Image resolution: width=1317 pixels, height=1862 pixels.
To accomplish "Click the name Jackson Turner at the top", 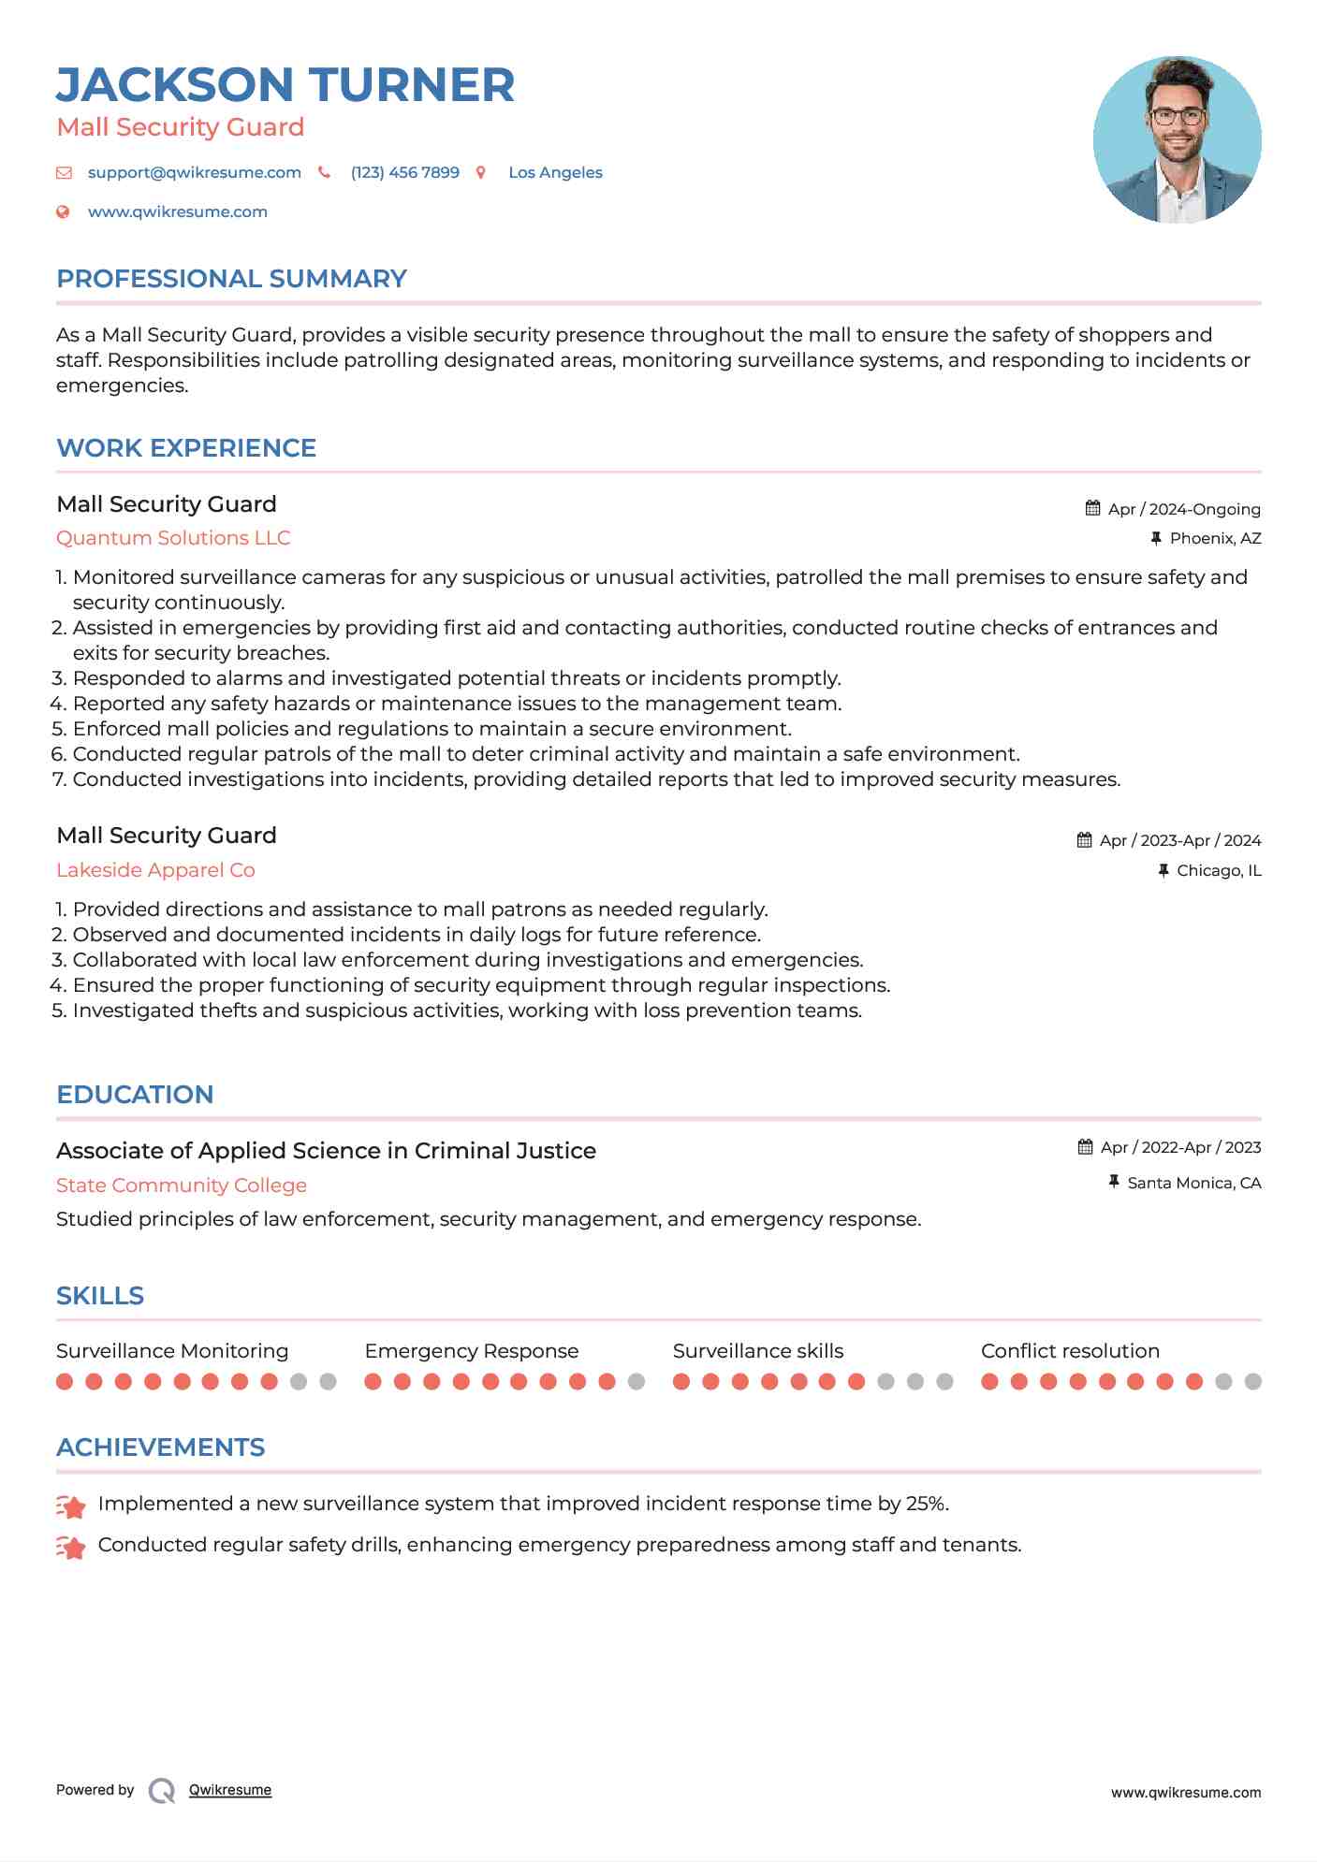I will coord(285,85).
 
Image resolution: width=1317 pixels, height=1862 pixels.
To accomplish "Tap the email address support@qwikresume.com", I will coord(194,172).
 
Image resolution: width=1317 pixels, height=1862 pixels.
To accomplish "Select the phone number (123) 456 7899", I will coord(404,172).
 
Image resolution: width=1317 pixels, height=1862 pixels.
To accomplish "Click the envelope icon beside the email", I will coord(64,172).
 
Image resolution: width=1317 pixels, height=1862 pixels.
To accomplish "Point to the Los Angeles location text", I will coord(555,172).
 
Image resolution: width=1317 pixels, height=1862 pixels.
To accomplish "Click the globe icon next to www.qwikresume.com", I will coord(63,211).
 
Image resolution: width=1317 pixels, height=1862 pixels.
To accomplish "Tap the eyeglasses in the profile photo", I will coord(1177,117).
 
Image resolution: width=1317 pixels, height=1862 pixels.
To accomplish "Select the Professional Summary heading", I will coord(231,279).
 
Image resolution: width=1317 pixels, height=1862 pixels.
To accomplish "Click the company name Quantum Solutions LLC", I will coord(173,538).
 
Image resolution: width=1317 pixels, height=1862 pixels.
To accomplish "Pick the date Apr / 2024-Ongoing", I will coord(1183,509).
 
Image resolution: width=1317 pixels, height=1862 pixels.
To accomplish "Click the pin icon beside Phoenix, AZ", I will coord(1156,538).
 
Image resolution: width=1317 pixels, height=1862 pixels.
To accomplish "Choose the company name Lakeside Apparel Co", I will coord(155,870).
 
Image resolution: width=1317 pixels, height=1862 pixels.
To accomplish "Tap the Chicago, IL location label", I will coord(1219,870).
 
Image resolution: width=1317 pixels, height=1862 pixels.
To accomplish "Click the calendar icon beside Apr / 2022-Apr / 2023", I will coord(1086,1147).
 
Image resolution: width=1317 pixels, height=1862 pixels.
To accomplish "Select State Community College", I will coord(182,1186).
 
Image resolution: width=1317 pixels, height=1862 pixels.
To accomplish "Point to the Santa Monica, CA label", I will coord(1193,1183).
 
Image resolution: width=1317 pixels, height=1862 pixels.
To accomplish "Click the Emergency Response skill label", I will coord(471,1351).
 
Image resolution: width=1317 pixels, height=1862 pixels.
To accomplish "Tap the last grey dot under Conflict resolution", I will coord(1252,1381).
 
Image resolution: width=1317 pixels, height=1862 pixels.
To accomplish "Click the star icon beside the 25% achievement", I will coord(71,1506).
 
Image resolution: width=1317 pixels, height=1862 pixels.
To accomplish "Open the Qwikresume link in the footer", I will coord(230,1790).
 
